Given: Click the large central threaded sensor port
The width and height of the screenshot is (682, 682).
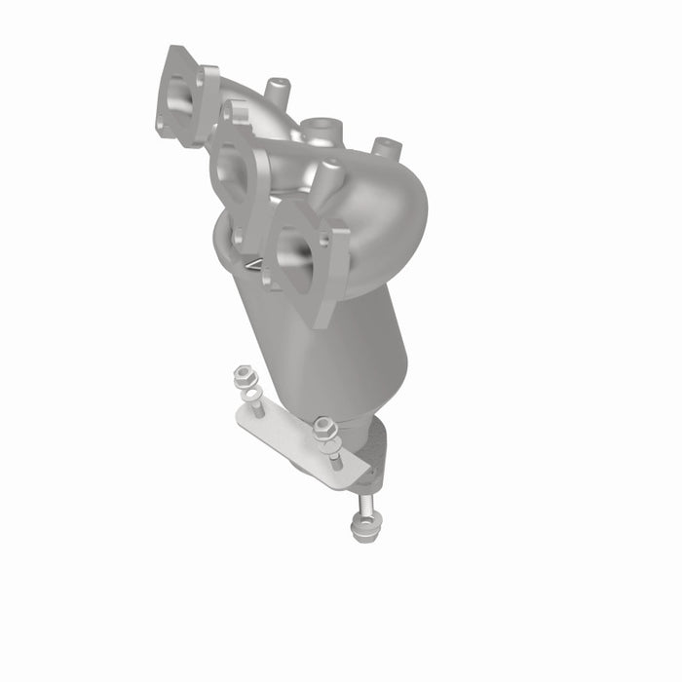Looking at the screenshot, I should [x=319, y=131].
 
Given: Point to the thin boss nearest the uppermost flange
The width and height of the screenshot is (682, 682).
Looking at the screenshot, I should [x=277, y=91].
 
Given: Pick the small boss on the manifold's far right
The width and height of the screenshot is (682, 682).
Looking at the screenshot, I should [x=386, y=149].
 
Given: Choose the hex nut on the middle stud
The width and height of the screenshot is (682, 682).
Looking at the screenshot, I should [x=324, y=427].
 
